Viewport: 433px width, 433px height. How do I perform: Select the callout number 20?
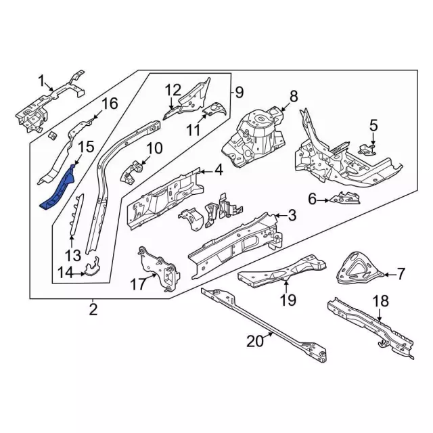254,342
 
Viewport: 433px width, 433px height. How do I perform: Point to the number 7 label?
401,274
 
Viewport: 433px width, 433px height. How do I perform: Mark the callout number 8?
294,95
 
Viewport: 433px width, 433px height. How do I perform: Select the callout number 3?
292,215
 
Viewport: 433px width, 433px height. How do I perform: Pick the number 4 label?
219,170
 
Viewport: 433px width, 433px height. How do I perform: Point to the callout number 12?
173,89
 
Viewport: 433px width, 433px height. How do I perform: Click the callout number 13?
72,254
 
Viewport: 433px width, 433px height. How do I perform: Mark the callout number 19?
289,300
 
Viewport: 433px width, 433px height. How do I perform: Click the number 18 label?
381,301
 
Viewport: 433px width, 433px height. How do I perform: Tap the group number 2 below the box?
93,310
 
